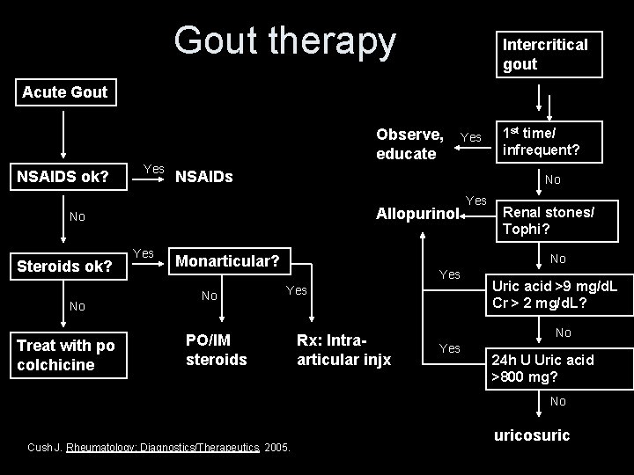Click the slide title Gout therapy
(285, 40)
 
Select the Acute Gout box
(64, 91)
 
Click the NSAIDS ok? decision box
(63, 177)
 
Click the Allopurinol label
(417, 214)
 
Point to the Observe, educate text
(409, 144)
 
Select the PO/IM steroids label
(217, 349)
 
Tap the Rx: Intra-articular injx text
(343, 349)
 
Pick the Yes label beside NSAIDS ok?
(153, 167)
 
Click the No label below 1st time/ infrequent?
(552, 179)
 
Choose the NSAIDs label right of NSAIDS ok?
(204, 177)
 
